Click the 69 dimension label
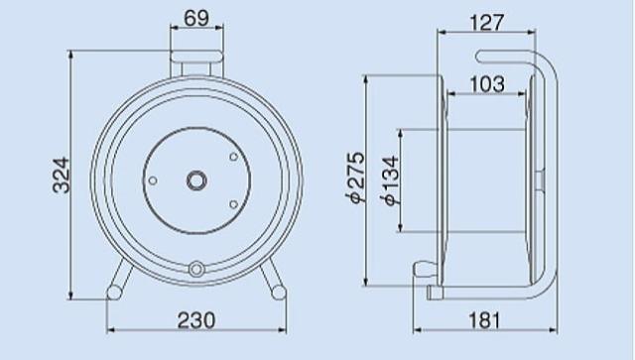pyautogui.click(x=196, y=18)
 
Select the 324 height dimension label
pyautogui.click(x=62, y=175)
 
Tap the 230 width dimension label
pyautogui.click(x=196, y=320)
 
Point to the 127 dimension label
pyautogui.click(x=487, y=22)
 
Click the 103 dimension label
pyautogui.click(x=487, y=84)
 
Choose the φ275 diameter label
pyautogui.click(x=355, y=177)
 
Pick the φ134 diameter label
pyautogui.click(x=390, y=180)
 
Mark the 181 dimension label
pyautogui.click(x=484, y=320)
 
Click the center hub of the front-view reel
pyautogui.click(x=196, y=180)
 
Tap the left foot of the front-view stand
pyautogui.click(x=114, y=292)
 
